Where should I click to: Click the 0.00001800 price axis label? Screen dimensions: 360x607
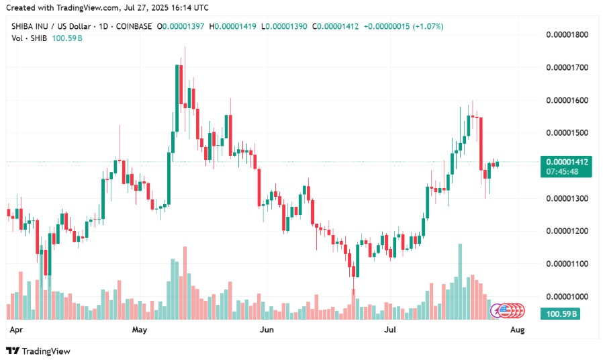(569, 34)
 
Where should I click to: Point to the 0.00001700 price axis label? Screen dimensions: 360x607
(569, 67)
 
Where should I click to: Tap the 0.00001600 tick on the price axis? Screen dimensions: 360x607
(569, 100)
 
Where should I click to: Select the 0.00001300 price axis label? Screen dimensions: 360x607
(569, 199)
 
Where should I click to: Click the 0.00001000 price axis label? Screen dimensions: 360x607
(569, 297)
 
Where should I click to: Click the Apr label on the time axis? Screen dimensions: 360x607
(17, 330)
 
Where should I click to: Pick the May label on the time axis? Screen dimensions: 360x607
(139, 330)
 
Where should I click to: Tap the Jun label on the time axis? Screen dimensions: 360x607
(267, 330)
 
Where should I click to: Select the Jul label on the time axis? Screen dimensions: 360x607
(391, 330)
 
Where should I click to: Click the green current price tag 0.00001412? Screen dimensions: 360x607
(568, 162)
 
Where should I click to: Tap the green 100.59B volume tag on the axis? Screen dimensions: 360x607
(563, 314)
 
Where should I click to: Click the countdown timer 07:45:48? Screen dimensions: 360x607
(563, 172)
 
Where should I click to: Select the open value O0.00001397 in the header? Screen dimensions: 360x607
(182, 26)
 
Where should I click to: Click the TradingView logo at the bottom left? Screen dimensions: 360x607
(38, 351)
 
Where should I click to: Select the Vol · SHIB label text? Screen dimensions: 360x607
(28, 38)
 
